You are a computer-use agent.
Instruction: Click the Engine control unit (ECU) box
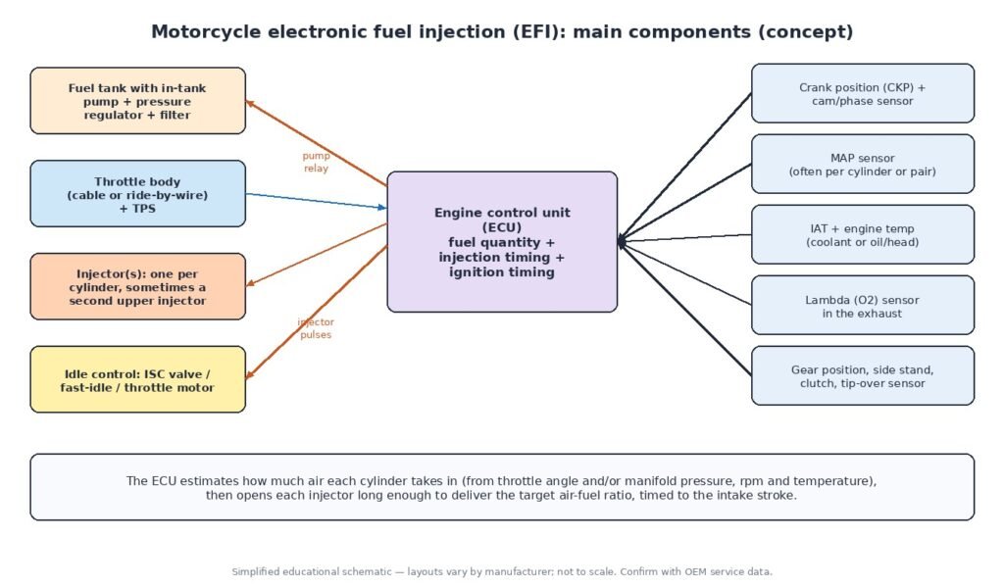pos(502,242)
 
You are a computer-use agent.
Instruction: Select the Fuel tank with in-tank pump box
pos(137,101)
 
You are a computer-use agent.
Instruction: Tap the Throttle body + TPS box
pos(137,193)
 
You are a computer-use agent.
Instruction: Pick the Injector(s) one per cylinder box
pos(137,286)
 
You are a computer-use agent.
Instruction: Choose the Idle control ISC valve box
pos(137,379)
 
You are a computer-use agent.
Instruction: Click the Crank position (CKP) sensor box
pos(863,93)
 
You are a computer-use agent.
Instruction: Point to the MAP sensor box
pos(863,164)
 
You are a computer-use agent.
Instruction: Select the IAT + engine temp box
pos(863,234)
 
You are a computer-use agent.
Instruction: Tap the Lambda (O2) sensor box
pos(863,306)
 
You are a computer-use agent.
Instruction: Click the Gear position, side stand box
pos(863,375)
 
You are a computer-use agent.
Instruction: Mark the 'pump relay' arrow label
pos(316,162)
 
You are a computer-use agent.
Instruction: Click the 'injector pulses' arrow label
pos(316,328)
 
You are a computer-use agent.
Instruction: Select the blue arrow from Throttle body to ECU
pos(317,201)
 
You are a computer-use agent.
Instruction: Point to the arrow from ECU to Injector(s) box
pos(317,255)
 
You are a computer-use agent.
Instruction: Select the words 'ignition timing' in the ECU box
pos(502,272)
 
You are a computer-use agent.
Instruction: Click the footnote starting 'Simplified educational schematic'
pos(502,571)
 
